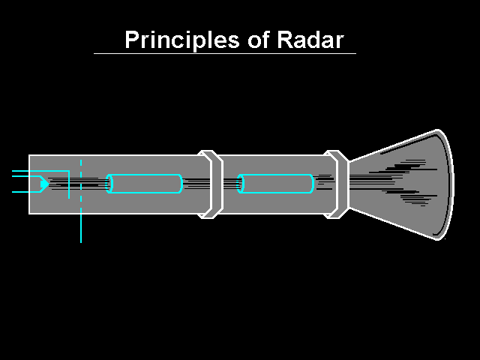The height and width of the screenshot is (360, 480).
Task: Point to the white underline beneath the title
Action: point(225,53)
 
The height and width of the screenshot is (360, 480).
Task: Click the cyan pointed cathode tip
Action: point(44,183)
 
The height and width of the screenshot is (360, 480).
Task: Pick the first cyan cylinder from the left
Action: point(145,183)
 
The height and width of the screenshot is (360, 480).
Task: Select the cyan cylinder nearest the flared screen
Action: point(277,183)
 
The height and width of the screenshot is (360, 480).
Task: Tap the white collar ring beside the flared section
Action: point(337,184)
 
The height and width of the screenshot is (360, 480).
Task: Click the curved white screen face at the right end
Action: point(448,184)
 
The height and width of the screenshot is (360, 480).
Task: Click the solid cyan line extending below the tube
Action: point(81,228)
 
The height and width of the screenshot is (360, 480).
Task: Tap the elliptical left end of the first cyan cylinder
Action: point(109,183)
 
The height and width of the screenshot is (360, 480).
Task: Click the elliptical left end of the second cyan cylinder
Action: point(241,183)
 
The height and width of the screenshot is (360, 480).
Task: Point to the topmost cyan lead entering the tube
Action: point(21,172)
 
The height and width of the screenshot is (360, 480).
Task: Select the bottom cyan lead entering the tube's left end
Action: point(21,192)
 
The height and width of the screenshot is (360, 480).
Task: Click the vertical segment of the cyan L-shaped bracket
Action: point(69,185)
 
